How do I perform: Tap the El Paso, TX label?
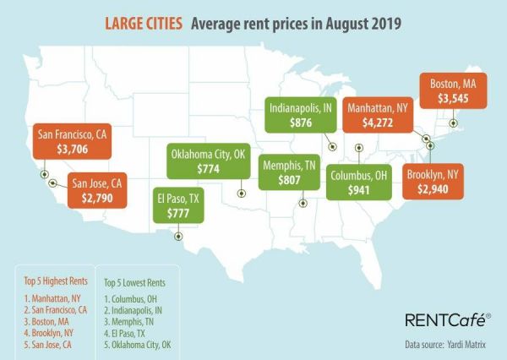click(x=177, y=200)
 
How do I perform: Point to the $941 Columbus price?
click(x=359, y=190)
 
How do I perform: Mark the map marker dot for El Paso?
click(x=177, y=237)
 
